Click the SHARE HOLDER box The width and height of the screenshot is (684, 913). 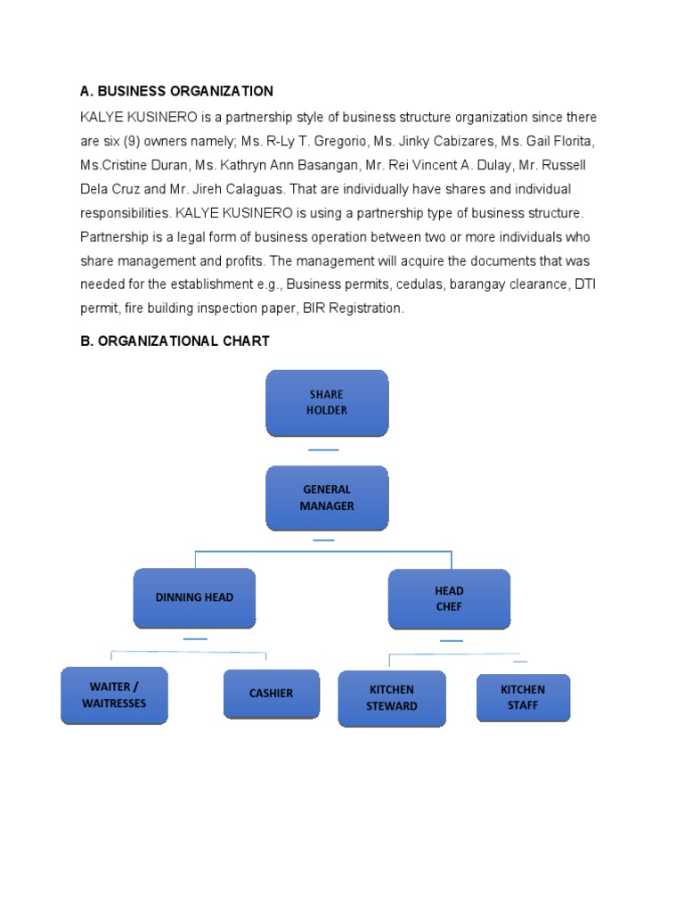point(327,403)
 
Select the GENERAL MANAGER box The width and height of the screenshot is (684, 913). point(327,498)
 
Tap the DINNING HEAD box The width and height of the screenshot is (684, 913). point(194,597)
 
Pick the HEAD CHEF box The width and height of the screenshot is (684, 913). point(449,598)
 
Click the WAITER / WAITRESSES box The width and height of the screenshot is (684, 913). point(114,695)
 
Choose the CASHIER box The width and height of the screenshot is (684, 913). point(271,694)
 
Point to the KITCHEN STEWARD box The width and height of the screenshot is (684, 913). point(392,698)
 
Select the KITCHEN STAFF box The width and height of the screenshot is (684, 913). point(523,697)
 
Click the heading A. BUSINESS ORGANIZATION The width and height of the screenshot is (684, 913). point(176,91)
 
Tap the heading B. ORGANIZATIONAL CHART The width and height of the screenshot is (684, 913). point(175,341)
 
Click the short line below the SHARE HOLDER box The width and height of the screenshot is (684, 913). point(323,450)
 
